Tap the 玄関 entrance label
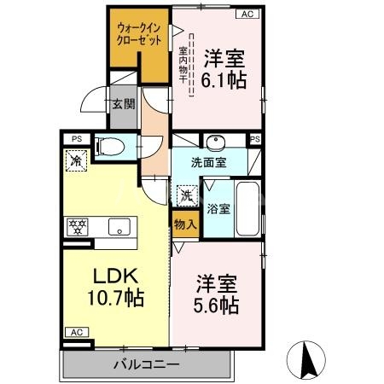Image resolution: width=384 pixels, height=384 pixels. click(122, 105)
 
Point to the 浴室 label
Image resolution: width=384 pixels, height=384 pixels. click(217, 207)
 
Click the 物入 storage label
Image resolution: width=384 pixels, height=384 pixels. click(185, 225)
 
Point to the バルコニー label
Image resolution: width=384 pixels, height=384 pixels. click(146, 365)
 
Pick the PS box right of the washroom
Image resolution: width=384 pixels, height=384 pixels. click(253, 138)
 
